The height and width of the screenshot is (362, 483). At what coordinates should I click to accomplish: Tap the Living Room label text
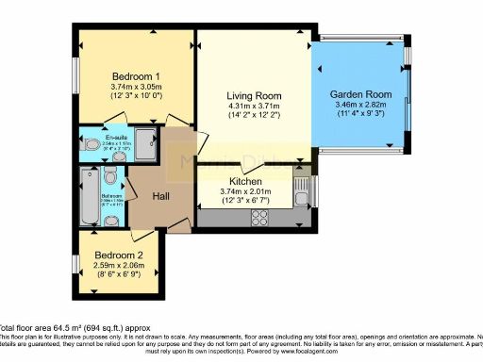(254, 95)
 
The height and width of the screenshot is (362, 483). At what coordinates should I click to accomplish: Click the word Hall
(146, 195)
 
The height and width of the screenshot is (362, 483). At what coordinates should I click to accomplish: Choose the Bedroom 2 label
(118, 254)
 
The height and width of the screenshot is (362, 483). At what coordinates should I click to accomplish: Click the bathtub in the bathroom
(89, 198)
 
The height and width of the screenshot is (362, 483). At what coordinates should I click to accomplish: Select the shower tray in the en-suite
(145, 144)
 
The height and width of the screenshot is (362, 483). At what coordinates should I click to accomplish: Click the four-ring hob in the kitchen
(260, 219)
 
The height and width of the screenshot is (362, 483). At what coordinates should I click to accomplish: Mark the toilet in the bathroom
(111, 178)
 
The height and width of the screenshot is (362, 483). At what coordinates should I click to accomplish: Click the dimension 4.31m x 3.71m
(254, 107)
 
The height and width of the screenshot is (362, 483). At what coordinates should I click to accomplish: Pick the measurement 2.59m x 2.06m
(118, 265)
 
